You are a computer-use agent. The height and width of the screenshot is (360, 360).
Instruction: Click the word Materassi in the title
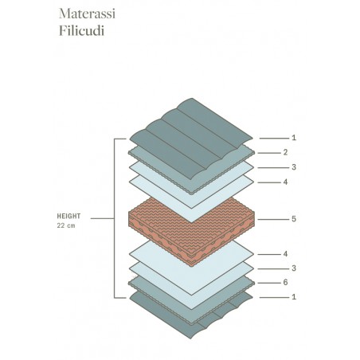point(87,14)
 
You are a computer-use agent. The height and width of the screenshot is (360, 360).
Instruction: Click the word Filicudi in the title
point(81,30)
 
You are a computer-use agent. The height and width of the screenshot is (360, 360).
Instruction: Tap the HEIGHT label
point(68,216)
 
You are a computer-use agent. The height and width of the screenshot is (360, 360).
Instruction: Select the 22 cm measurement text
point(66,225)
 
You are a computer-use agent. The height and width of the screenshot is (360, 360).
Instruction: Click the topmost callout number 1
point(294,138)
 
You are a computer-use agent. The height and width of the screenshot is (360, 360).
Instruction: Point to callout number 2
point(285,152)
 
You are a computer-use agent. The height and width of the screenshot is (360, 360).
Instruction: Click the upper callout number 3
point(294,167)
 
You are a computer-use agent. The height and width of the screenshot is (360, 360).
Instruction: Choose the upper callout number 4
point(285,182)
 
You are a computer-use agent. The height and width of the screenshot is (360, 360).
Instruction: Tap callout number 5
point(294,219)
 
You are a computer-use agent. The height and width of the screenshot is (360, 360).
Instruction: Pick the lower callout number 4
point(285,254)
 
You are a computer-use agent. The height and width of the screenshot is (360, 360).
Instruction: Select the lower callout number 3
point(294,268)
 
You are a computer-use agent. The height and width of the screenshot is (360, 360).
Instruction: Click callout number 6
point(285,283)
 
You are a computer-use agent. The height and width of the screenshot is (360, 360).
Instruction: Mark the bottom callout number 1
point(294,297)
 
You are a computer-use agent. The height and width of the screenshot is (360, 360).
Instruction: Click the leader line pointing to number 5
point(273,219)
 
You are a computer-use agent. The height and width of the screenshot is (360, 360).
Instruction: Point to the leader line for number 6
point(269,283)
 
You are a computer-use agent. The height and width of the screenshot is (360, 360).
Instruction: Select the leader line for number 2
point(269,153)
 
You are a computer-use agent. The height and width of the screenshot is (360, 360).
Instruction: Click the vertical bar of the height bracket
point(115,218)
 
